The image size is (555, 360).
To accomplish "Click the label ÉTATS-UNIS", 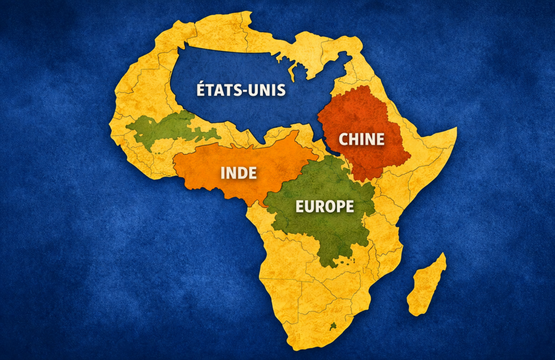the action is [x=241, y=89].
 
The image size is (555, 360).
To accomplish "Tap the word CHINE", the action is [x=362, y=139].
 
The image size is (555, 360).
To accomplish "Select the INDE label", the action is [x=238, y=173].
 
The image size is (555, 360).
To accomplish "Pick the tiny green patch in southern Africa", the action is [x=333, y=326].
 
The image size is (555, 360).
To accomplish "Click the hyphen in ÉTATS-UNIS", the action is [x=243, y=91].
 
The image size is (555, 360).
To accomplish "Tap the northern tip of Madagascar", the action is [x=443, y=255].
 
